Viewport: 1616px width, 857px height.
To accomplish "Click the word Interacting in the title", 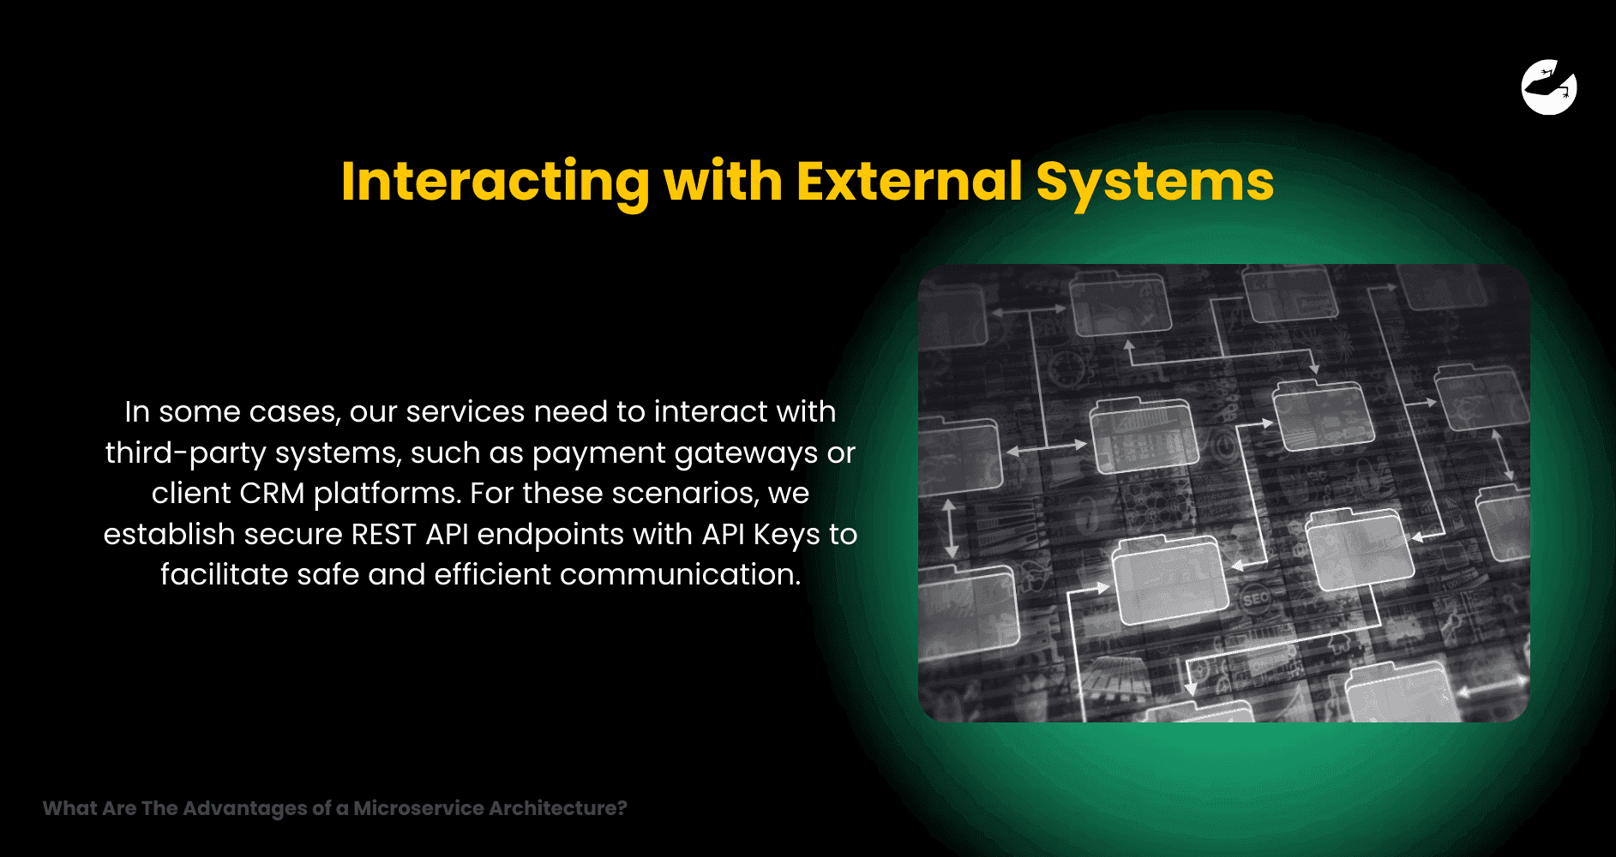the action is tap(496, 183).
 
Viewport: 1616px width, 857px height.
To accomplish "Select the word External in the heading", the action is tap(910, 181).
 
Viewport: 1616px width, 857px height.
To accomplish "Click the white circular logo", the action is tap(1549, 87).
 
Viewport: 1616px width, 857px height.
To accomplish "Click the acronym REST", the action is tap(383, 534).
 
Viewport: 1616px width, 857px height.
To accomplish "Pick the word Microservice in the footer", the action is tap(419, 808).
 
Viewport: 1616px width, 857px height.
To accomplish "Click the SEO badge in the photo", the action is tap(1255, 599).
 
